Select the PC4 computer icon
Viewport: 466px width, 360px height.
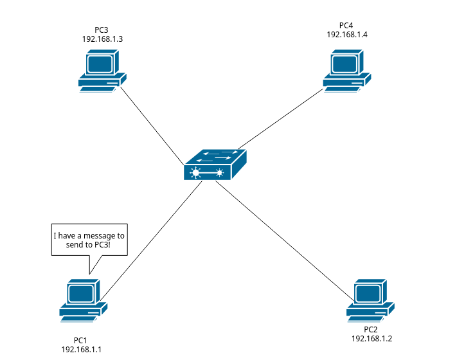346,71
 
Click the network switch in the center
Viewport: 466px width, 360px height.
215,165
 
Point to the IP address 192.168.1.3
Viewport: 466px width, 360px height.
102,39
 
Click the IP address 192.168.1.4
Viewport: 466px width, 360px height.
347,34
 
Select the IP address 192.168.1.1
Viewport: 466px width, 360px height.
82,349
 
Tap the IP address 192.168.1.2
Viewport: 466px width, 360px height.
372,338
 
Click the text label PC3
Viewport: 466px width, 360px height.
102,30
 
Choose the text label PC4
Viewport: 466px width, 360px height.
347,25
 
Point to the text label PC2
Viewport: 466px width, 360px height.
371,329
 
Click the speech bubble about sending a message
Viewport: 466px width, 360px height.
89,240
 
